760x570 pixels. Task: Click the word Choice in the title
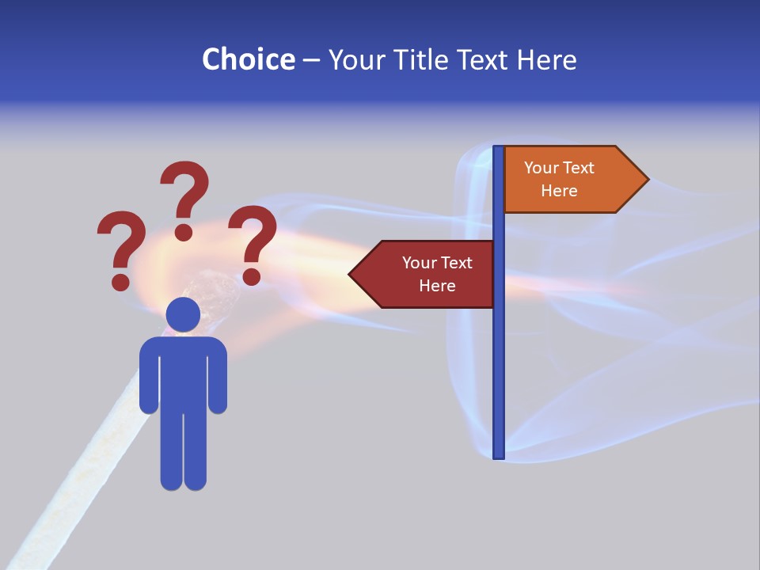[x=248, y=60]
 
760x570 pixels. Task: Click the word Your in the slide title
[x=356, y=60]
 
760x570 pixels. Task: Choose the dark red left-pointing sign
[x=431, y=274]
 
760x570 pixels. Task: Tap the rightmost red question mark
[x=253, y=241]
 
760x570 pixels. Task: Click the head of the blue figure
[x=183, y=314]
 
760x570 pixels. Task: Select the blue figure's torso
[x=183, y=372]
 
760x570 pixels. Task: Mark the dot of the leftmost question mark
[x=120, y=281]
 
